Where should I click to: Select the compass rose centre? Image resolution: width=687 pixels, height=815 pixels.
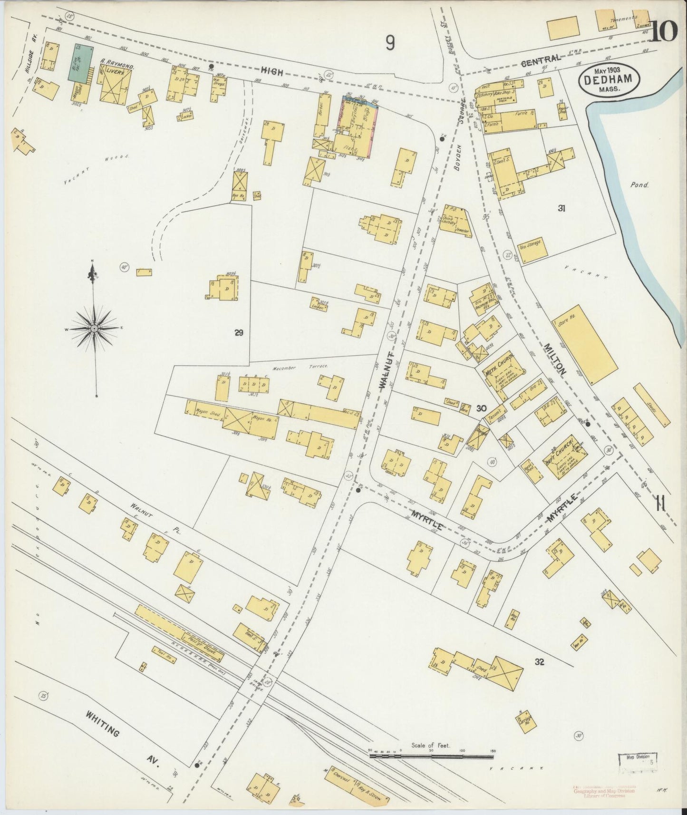(x=94, y=329)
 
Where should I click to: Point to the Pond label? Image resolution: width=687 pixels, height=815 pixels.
(x=640, y=185)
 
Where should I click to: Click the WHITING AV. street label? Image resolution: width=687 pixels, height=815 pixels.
(x=121, y=740)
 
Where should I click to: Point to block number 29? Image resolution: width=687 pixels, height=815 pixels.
(x=239, y=333)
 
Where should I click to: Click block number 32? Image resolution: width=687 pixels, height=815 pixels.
(x=539, y=662)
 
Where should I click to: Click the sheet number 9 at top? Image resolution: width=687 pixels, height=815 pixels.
(x=390, y=44)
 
